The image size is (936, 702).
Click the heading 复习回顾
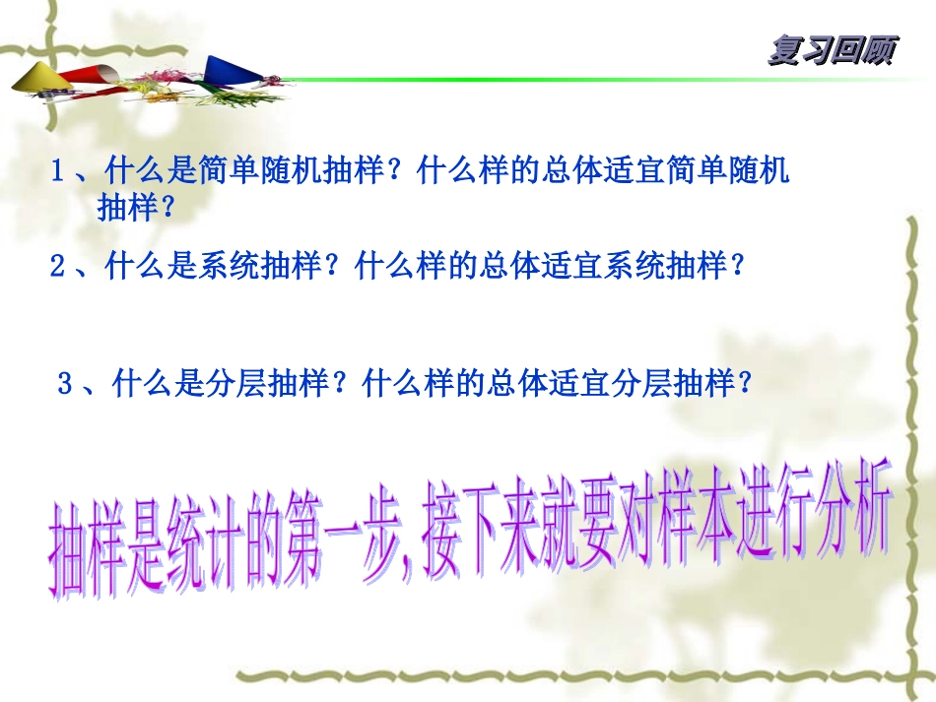click(x=831, y=51)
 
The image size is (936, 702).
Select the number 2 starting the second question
click(x=58, y=267)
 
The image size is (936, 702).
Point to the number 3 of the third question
click(x=66, y=385)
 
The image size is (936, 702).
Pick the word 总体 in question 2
click(x=504, y=267)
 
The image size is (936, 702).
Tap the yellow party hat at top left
click(x=35, y=77)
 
